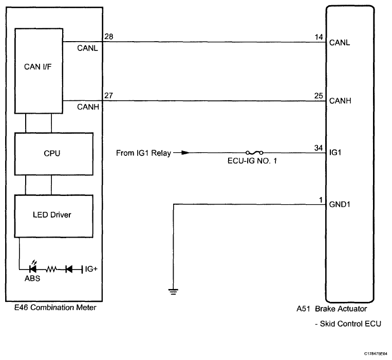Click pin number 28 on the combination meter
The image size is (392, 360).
pos(109,37)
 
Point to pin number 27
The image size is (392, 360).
pos(109,96)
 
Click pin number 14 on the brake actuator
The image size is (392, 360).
pos(319,37)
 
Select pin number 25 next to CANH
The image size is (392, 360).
pos(319,96)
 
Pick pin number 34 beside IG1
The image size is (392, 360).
pos(319,148)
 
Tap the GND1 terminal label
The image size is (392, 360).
pos(340,204)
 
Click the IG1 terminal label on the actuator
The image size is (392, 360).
pos(335,152)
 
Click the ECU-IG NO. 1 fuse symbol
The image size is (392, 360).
pos(254,153)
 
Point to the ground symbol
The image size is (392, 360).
pos(173,292)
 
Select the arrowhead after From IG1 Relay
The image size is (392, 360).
pos(185,152)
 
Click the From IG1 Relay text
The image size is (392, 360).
pos(143,153)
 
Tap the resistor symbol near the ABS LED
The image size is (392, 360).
pos(51,269)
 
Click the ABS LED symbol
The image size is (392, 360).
pos(33,268)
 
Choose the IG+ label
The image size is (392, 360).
pos(91,269)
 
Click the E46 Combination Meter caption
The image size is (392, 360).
pos(55,308)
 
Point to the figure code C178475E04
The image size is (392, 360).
pos(376,354)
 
